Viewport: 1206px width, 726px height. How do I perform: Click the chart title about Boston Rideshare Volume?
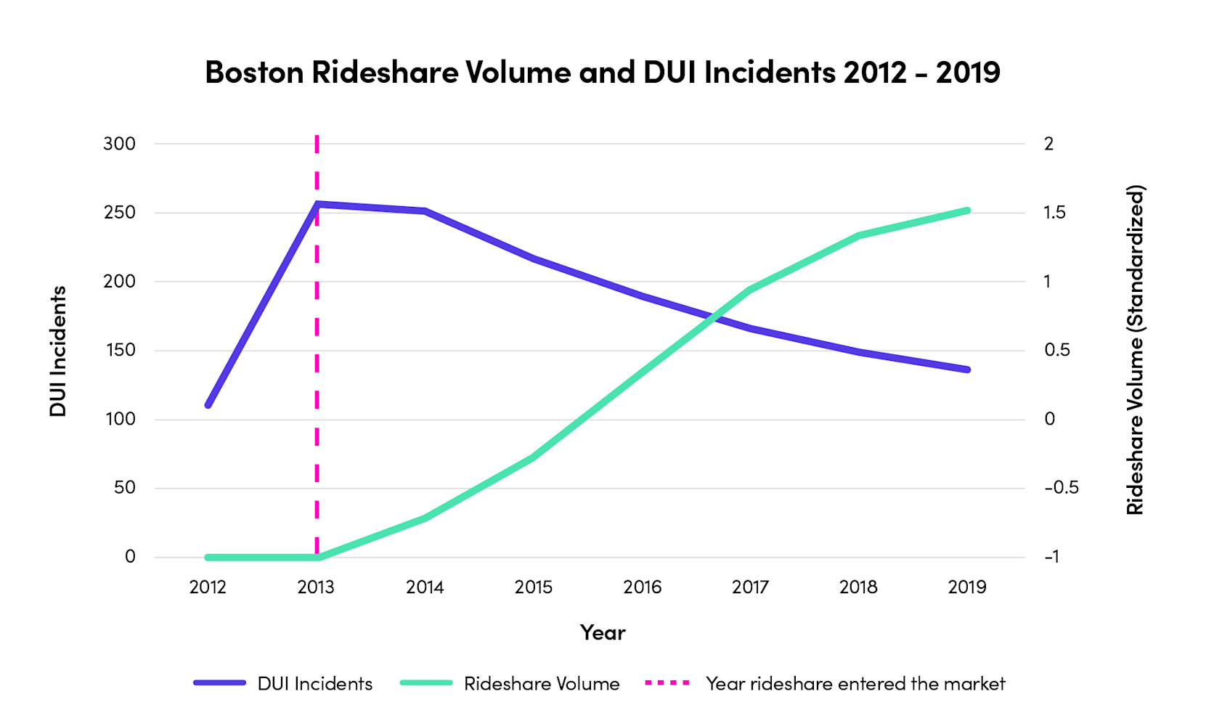(602, 72)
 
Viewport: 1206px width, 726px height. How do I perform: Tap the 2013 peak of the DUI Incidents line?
(317, 204)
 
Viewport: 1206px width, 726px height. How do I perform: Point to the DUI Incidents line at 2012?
(208, 404)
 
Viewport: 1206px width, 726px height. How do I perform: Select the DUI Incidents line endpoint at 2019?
(967, 370)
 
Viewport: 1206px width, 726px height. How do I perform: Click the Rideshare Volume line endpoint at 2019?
(967, 211)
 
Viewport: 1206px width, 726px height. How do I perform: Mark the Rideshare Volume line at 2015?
(534, 457)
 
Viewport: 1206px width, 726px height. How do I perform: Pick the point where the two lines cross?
(712, 316)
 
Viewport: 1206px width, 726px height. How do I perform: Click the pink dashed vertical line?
(317, 363)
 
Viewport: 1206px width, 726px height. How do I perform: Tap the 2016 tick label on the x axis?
(642, 587)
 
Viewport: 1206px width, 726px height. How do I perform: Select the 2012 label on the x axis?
(208, 587)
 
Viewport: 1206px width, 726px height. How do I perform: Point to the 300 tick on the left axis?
(119, 144)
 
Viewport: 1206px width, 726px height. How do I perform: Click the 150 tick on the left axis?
(119, 350)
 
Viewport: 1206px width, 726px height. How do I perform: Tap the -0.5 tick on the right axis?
(1061, 488)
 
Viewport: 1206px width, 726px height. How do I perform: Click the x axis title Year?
(602, 632)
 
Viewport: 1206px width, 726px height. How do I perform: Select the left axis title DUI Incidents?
(58, 351)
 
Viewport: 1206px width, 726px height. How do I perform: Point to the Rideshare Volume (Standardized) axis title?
(1135, 350)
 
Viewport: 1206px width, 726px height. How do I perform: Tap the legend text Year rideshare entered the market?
(855, 684)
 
